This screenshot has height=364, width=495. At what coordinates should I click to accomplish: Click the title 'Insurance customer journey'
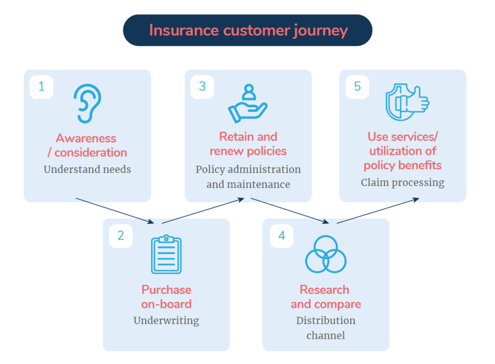[x=248, y=30]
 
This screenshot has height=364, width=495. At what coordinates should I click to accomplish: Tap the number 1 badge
[x=42, y=87]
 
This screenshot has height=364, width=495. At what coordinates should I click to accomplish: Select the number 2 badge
[x=121, y=236]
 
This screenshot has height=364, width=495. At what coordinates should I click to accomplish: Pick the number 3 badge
[x=202, y=87]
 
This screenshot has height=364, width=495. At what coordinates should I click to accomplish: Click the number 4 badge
[x=282, y=236]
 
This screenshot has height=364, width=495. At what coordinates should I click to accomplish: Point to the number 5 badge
[x=357, y=87]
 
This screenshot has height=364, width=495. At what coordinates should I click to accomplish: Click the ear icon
[x=87, y=104]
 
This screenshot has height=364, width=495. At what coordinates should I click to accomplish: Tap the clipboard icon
[x=166, y=254]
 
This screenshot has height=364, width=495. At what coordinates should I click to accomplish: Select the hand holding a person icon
[x=248, y=104]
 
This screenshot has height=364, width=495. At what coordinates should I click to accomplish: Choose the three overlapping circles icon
[x=326, y=254]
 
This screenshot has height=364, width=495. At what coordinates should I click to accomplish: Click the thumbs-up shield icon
[x=407, y=102]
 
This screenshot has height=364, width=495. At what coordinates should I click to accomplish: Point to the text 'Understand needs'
[x=87, y=169]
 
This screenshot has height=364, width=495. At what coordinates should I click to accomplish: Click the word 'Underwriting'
[x=166, y=321]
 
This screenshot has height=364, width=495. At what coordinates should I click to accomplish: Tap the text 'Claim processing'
[x=403, y=182]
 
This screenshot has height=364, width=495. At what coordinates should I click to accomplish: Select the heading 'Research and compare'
[x=325, y=297]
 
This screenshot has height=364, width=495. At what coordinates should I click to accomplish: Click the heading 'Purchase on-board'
[x=166, y=297]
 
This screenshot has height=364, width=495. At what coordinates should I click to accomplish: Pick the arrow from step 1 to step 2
[x=115, y=210]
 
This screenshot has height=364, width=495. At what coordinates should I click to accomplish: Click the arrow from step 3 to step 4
[x=290, y=210]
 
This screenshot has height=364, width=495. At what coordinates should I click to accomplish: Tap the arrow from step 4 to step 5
[x=378, y=210]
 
